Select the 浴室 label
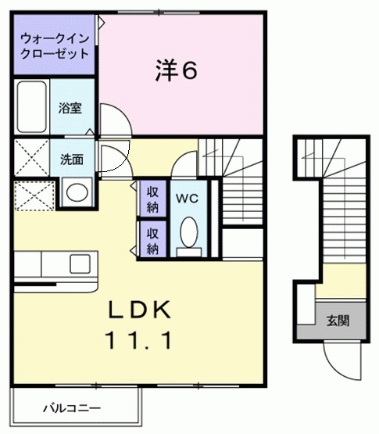pyautogui.click(x=70, y=109)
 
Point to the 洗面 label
pyautogui.click(x=72, y=160)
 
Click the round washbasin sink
pyautogui.click(x=76, y=192)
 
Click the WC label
pyautogui.click(x=188, y=199)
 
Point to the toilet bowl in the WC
pyautogui.click(x=188, y=232)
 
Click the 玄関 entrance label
pyautogui.click(x=338, y=320)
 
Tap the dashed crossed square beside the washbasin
pyautogui.click(x=33, y=193)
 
